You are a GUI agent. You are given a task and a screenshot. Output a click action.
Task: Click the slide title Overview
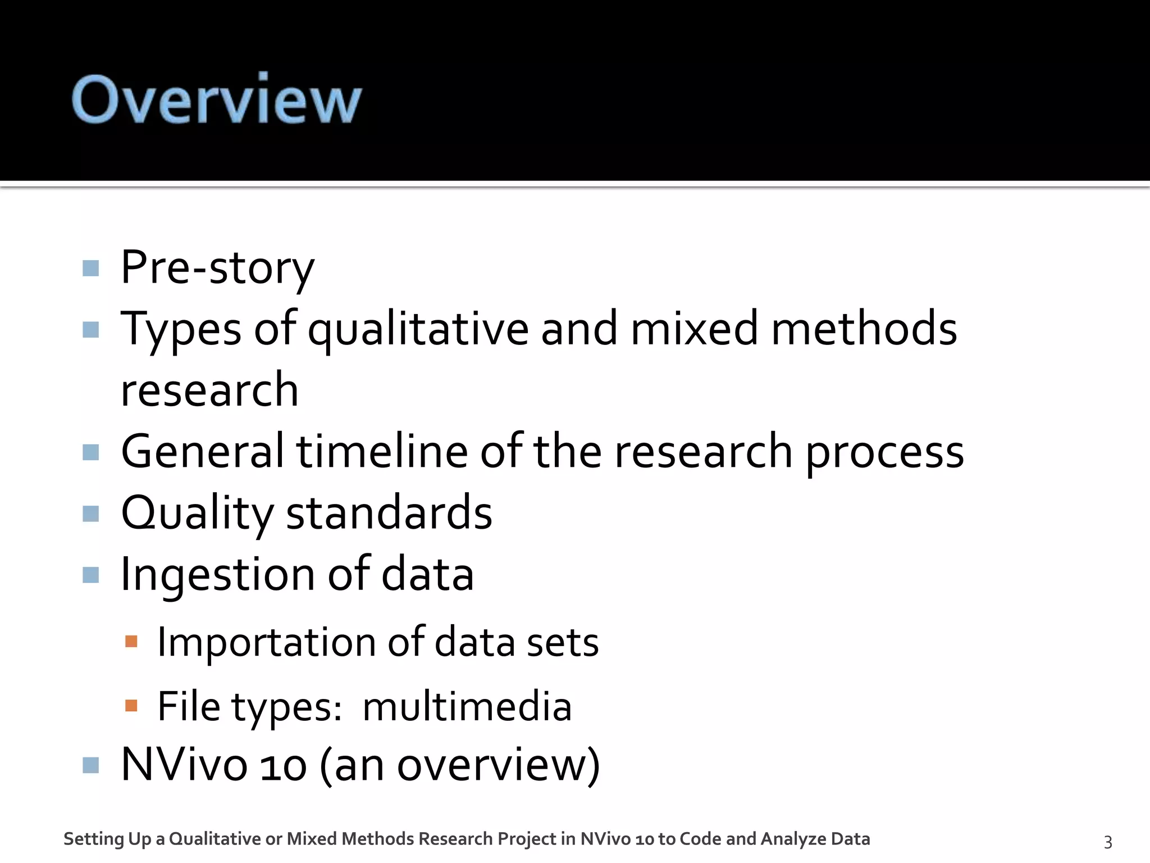pyautogui.click(x=216, y=99)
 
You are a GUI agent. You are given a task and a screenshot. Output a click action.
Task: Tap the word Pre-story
pyautogui.click(x=217, y=268)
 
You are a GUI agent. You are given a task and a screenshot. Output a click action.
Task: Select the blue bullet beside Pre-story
pyautogui.click(x=90, y=268)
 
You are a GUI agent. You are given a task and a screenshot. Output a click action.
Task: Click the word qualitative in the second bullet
pyautogui.click(x=418, y=330)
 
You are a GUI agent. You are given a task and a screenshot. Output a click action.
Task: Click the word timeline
pyautogui.click(x=382, y=451)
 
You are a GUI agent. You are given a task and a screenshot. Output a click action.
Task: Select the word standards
pyautogui.click(x=389, y=512)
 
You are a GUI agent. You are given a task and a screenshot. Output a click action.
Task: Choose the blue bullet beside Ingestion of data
pyautogui.click(x=90, y=575)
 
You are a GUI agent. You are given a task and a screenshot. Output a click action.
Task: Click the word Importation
pyautogui.click(x=266, y=642)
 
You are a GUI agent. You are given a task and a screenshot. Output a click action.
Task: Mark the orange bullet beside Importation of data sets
pyautogui.click(x=131, y=642)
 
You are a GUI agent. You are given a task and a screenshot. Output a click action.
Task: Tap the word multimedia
pyautogui.click(x=467, y=706)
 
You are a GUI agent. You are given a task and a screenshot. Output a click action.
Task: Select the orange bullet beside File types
pyautogui.click(x=131, y=705)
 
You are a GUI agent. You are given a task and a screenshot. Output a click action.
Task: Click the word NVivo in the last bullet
pyautogui.click(x=184, y=765)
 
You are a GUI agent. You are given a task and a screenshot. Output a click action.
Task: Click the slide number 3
pyautogui.click(x=1108, y=842)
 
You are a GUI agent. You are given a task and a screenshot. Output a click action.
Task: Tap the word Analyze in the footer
pyautogui.click(x=793, y=839)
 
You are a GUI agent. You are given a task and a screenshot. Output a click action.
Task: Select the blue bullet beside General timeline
pyautogui.click(x=90, y=452)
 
